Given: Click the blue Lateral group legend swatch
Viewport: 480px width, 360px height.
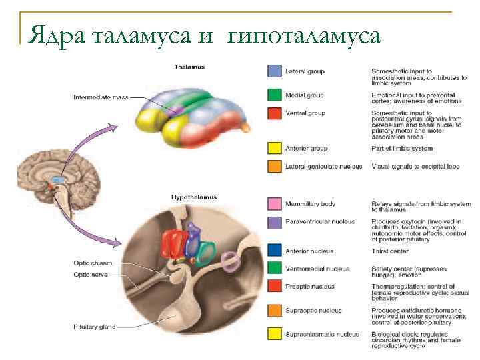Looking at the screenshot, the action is click(x=273, y=71).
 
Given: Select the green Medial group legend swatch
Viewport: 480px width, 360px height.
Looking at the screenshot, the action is click(x=273, y=94).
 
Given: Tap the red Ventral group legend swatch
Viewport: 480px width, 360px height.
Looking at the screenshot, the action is click(x=273, y=114).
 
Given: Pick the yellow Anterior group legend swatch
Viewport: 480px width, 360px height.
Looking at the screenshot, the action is click(x=273, y=148).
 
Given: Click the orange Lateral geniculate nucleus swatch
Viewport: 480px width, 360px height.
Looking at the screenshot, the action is click(x=273, y=166).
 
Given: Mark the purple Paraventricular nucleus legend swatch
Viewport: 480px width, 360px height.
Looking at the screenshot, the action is click(x=273, y=223).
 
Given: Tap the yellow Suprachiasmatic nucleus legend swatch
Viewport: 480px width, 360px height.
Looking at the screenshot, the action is click(x=273, y=333).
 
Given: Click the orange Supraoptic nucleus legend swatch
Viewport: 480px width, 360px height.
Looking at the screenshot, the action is click(x=273, y=311).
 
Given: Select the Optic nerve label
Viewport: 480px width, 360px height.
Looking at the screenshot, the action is click(x=91, y=274).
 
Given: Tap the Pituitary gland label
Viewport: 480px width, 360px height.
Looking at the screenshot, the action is click(x=94, y=327).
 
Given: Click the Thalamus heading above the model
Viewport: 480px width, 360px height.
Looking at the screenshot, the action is click(x=189, y=67).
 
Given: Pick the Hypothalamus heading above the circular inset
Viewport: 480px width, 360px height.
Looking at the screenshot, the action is click(x=194, y=197).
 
